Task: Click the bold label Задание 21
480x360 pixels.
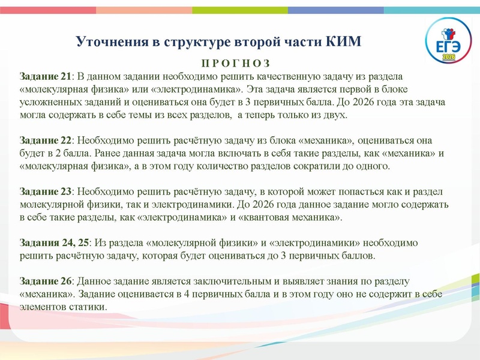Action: (46, 76)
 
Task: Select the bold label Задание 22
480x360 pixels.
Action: (46, 140)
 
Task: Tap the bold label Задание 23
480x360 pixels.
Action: (46, 191)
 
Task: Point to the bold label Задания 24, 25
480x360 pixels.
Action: (55, 242)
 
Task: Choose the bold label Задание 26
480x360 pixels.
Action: (46, 281)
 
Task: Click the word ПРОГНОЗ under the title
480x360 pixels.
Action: (235, 64)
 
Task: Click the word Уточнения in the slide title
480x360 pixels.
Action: (110, 42)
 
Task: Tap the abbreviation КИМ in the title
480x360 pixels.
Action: (345, 42)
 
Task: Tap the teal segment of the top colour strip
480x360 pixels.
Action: (432, 10)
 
